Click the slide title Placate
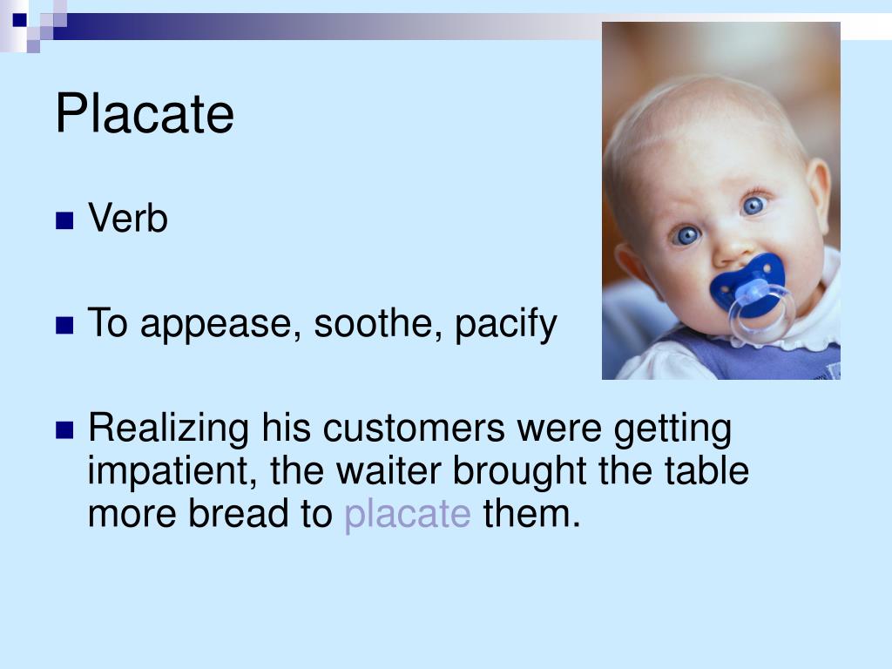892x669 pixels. tap(145, 115)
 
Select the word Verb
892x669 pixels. tap(127, 219)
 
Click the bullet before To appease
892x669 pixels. tap(64, 326)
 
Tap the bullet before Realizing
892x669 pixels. tap(64, 429)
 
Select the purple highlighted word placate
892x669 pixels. tap(407, 515)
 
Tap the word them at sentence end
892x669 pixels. tap(530, 514)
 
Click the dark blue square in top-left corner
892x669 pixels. tap(20, 18)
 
